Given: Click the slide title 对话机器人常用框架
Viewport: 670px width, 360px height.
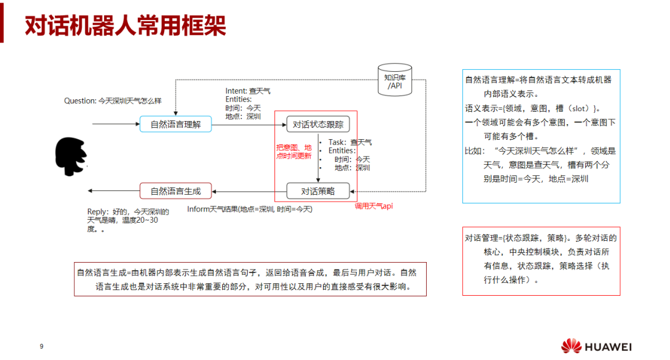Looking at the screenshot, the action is pos(125,26).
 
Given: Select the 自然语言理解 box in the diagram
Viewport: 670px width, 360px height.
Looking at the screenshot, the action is pos(175,124).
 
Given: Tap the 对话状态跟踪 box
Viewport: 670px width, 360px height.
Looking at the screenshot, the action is pos(318,124).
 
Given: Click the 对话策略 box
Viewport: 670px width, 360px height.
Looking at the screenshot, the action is pos(318,191).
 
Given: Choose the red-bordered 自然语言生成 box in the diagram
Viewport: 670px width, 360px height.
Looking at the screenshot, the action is pos(175,191).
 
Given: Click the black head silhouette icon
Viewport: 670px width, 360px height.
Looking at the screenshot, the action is pos(70,157).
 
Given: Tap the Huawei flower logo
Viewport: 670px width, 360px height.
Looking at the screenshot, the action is pos(571,346).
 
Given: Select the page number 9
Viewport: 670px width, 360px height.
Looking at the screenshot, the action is pos(41,347).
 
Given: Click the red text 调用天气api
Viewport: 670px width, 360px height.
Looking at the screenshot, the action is pos(374,206).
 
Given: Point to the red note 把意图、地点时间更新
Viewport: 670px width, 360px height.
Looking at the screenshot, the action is pos(294,152).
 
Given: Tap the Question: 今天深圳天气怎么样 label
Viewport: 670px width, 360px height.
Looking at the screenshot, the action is pos(113,100).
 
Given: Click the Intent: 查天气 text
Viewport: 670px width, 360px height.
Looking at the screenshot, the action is pos(248,91).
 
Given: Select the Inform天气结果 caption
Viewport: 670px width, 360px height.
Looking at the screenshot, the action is pos(250,209).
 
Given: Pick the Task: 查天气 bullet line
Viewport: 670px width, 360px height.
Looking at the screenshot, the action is pos(349,142).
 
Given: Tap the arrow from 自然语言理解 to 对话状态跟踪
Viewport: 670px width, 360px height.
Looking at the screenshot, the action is pos(248,124).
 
